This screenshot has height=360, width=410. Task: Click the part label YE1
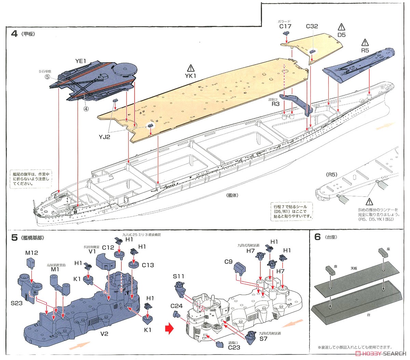[x=81, y=61]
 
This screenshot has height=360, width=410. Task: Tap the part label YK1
[x=190, y=76]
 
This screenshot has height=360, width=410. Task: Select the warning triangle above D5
[x=341, y=27]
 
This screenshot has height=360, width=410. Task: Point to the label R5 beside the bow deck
[x=365, y=50]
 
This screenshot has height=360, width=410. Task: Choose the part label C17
[x=285, y=26]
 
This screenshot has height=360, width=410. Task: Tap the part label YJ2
[x=105, y=137]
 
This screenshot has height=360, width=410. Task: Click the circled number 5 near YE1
[x=47, y=77]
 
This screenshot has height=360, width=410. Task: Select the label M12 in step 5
[x=31, y=253]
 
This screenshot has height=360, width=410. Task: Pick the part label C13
[x=148, y=265]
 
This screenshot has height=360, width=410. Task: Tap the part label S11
[x=178, y=276]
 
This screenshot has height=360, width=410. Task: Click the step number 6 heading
[x=317, y=237]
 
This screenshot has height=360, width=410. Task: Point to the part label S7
[x=263, y=339]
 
